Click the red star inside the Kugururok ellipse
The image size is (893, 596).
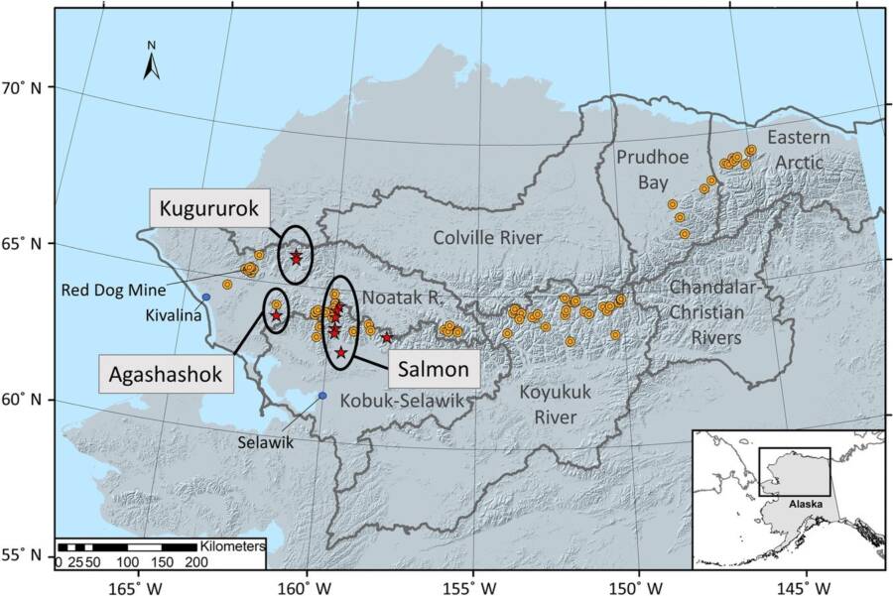click(x=296, y=258)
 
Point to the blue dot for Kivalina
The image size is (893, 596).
click(x=206, y=297)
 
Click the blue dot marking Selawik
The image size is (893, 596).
click(x=322, y=396)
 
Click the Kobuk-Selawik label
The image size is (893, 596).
click(x=403, y=400)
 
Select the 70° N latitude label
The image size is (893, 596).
click(x=23, y=87)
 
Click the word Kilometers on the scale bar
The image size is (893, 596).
click(x=233, y=546)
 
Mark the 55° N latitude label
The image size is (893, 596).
click(x=23, y=554)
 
